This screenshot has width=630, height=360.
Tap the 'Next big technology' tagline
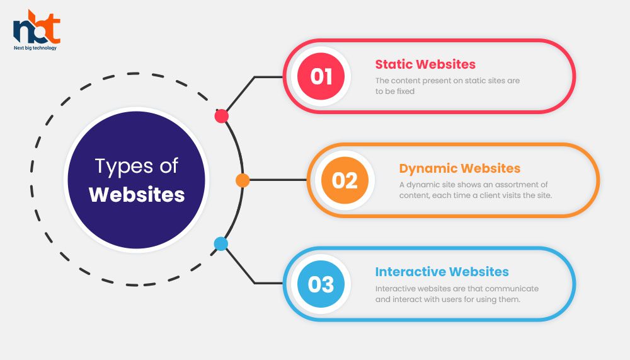tap(35, 48)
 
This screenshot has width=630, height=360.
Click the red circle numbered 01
tap(321, 76)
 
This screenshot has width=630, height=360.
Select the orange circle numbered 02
tap(345, 180)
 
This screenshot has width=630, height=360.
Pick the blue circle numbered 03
tap(321, 284)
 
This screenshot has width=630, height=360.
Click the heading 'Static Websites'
tap(425, 64)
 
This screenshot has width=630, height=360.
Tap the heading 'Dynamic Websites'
tap(460, 168)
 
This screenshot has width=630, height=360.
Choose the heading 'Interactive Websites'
tap(442, 272)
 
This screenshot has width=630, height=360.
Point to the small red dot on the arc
tap(221, 116)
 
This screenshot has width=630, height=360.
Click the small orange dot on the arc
tap(243, 180)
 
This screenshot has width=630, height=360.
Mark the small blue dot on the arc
tap(221, 244)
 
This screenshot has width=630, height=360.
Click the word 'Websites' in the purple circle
tap(137, 195)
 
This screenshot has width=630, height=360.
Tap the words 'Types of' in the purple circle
tap(137, 166)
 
